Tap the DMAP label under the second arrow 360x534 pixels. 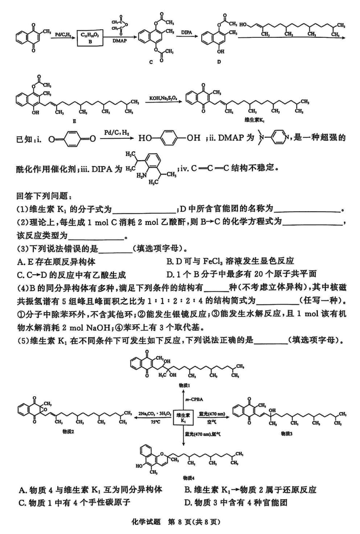[119, 41]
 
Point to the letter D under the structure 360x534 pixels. [219, 62]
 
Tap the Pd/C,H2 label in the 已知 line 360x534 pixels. [113, 132]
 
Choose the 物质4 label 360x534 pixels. [189, 478]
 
